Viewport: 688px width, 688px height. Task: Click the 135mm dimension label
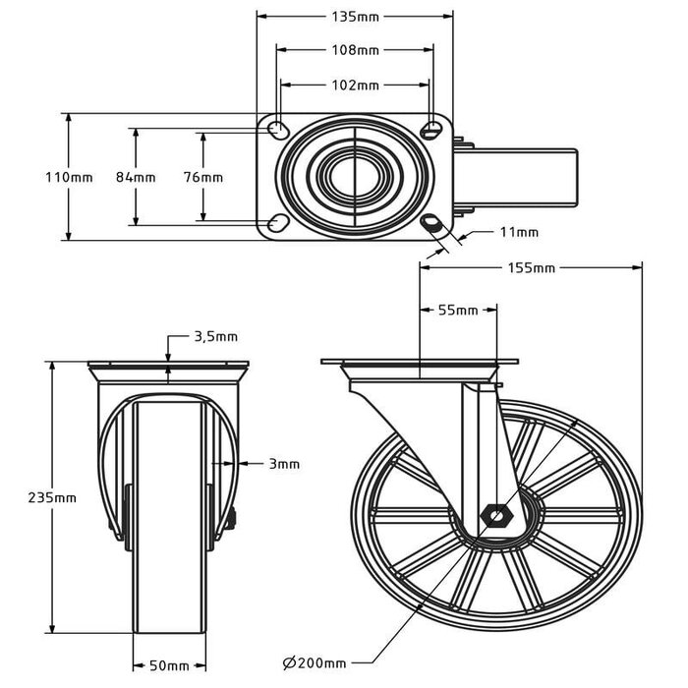(355, 17)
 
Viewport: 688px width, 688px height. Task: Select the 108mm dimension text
(355, 49)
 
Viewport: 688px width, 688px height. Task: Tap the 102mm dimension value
(355, 86)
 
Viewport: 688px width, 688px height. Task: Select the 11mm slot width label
(519, 233)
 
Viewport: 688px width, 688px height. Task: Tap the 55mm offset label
(457, 311)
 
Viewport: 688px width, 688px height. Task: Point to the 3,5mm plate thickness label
(216, 336)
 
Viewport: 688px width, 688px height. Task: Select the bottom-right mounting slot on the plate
(431, 224)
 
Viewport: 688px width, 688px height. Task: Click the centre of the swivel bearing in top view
(355, 177)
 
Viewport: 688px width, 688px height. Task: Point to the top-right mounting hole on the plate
(431, 130)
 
